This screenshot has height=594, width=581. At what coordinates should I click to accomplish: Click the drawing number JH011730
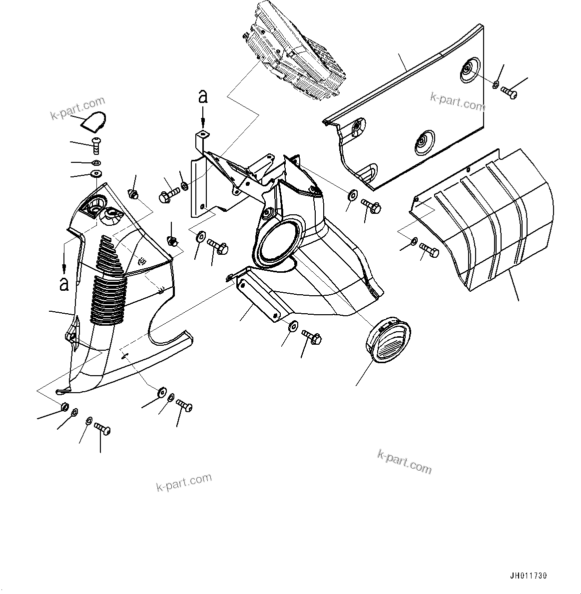click(x=529, y=576)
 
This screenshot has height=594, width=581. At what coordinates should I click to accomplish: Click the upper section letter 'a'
click(x=203, y=96)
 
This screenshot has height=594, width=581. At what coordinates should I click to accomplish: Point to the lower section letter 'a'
click(x=63, y=283)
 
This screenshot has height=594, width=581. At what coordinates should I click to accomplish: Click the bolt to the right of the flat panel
click(x=509, y=92)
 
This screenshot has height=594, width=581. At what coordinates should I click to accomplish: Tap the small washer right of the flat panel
click(x=495, y=85)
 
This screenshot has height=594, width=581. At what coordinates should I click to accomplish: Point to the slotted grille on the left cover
click(x=107, y=280)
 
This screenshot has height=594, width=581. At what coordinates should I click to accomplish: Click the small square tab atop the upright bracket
click(x=202, y=134)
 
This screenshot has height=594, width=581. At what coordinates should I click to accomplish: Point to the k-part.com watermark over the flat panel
click(x=458, y=102)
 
